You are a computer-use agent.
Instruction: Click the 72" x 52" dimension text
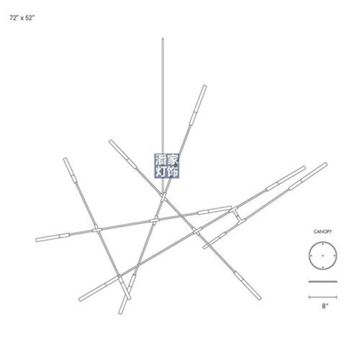22,18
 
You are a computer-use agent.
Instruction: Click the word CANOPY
323,232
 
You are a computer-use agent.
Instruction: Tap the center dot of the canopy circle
323,256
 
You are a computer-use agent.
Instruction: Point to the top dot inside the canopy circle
323,244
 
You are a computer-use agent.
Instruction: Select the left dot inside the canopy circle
311,256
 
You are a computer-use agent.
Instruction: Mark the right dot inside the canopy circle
334,256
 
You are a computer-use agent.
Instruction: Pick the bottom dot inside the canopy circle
323,267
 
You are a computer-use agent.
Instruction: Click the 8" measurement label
325,306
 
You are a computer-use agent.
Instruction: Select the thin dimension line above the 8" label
323,297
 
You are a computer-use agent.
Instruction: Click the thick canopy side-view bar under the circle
323,282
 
